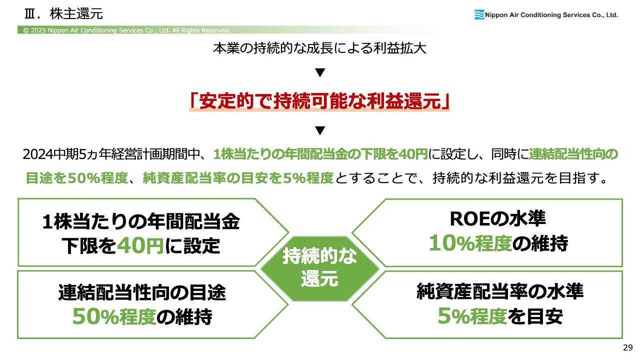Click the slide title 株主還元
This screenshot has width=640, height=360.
[x=76, y=13]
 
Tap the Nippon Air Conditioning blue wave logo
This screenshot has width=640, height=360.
[x=479, y=14]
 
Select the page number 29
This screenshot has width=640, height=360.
[x=627, y=347]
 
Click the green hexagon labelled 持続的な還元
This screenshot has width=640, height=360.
[x=319, y=268]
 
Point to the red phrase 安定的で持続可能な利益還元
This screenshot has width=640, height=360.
[x=319, y=101]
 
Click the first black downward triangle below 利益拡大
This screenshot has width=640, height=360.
[x=320, y=72]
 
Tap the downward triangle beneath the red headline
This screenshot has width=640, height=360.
[x=320, y=130]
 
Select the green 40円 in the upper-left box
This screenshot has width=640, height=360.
[x=140, y=245]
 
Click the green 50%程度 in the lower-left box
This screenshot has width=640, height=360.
[x=114, y=316]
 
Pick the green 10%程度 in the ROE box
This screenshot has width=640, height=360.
[x=470, y=243]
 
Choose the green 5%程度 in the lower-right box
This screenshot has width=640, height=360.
[x=472, y=316]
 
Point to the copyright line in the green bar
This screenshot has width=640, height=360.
[x=126, y=30]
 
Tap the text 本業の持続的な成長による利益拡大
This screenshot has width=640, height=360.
[x=319, y=48]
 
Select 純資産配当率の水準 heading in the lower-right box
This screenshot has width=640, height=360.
[x=500, y=291]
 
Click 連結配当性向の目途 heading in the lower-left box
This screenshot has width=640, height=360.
[x=142, y=292]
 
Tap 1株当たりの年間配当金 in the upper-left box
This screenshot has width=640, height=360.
[x=141, y=221]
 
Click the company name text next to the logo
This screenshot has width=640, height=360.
[x=551, y=15]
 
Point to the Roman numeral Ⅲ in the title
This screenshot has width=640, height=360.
[x=29, y=14]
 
